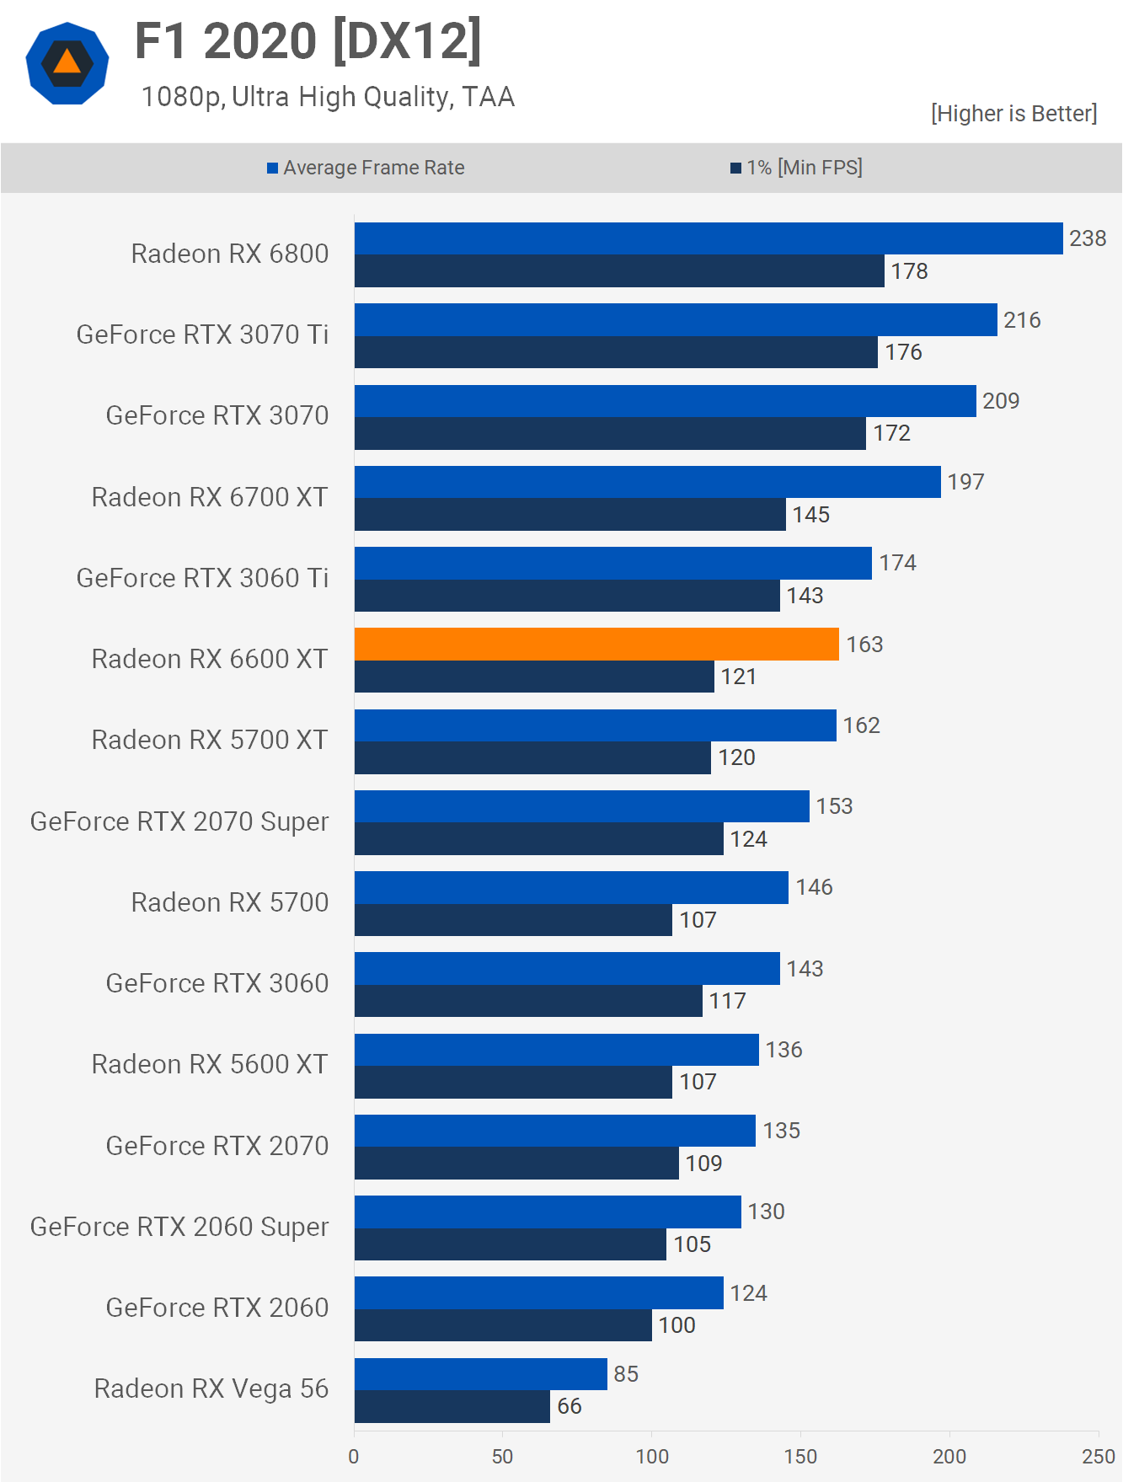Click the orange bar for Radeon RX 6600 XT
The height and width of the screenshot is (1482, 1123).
(x=596, y=644)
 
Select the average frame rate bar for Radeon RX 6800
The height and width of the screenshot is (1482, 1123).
(x=708, y=238)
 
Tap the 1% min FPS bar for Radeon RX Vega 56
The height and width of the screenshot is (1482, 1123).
(x=452, y=1406)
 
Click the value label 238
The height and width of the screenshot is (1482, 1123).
(x=1088, y=238)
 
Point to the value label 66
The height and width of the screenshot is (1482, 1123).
(x=570, y=1406)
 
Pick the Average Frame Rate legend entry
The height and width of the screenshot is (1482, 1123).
(x=366, y=168)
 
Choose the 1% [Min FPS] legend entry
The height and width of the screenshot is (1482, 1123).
(x=796, y=168)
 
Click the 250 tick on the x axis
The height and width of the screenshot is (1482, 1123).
(x=1098, y=1456)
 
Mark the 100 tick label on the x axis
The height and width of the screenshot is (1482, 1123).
(x=651, y=1456)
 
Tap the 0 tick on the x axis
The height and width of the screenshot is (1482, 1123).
(x=354, y=1456)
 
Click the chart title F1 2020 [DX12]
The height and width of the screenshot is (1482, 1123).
(x=308, y=41)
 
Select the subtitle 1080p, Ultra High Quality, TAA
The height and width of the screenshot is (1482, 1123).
(x=327, y=97)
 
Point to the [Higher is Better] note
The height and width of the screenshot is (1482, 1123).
(x=1013, y=114)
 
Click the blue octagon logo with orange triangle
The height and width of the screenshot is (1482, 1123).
(x=67, y=63)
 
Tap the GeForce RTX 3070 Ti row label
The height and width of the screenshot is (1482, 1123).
(x=202, y=334)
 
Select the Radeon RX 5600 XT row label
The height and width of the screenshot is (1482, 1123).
(x=210, y=1064)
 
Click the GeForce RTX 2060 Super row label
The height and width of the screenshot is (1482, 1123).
(x=179, y=1227)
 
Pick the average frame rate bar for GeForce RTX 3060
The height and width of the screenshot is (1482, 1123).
(x=567, y=968)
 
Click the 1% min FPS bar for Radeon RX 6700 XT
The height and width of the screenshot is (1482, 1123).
(x=570, y=514)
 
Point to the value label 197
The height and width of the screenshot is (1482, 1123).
(x=965, y=482)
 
